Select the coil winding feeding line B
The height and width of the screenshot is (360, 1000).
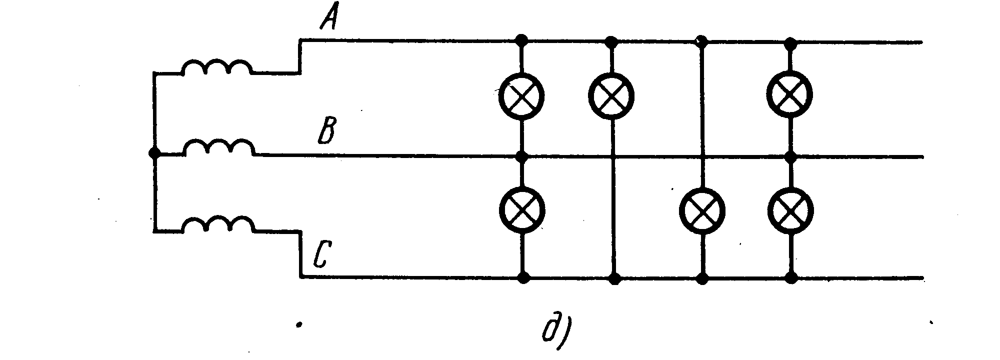[x=218, y=148]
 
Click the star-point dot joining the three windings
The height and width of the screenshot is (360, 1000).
[x=154, y=153]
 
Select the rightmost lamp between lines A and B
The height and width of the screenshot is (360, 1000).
[x=789, y=94]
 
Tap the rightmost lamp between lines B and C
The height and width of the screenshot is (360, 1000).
[x=790, y=209]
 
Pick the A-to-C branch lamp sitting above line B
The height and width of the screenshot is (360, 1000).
[x=611, y=94]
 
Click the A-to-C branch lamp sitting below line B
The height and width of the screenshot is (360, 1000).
[x=702, y=210]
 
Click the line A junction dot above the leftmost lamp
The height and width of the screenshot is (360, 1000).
[x=521, y=39]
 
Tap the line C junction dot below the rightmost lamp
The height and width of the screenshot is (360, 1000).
[x=791, y=278]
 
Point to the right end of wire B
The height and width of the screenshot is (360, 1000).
[x=923, y=157]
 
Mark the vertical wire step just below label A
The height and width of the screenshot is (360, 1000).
[x=300, y=56]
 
